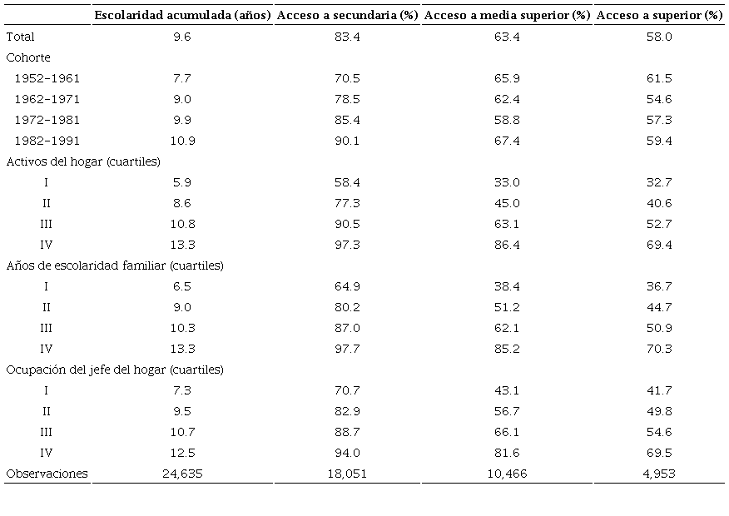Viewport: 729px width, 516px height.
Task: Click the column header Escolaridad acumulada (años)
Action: point(182,16)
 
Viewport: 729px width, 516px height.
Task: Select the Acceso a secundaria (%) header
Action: point(346,16)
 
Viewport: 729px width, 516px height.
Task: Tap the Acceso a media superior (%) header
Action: point(507,16)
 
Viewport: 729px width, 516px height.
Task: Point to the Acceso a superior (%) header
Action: point(659,16)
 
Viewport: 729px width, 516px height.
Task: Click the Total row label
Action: point(20,37)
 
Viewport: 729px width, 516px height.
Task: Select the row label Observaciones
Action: point(47,474)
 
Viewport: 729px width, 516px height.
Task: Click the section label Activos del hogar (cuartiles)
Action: point(83,161)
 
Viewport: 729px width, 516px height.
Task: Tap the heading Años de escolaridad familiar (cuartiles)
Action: point(115,265)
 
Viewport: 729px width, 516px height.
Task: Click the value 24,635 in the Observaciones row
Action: point(181,474)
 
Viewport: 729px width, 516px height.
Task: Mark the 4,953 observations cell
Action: point(659,474)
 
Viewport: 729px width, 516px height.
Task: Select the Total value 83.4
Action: point(346,37)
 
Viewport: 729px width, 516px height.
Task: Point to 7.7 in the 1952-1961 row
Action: point(181,78)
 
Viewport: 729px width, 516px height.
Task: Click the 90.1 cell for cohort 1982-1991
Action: point(346,141)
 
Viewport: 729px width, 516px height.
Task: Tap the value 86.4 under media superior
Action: point(507,245)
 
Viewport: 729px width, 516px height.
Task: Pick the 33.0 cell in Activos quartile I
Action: point(507,182)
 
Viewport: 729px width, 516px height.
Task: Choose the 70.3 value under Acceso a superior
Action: point(659,349)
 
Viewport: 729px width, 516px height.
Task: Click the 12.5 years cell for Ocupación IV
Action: point(181,453)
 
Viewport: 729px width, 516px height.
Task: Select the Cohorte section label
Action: point(27,57)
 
